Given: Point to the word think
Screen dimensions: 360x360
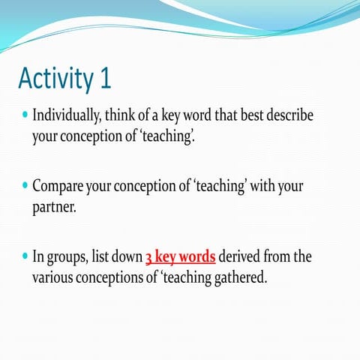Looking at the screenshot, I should (x=117, y=117).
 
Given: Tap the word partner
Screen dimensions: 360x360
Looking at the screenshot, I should (x=54, y=206).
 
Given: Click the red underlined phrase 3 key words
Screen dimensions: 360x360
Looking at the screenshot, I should (x=180, y=256).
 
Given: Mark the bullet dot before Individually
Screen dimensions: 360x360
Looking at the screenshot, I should (x=25, y=117).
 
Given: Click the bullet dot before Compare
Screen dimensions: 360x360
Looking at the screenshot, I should (x=25, y=185).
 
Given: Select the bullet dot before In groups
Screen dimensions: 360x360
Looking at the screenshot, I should (x=25, y=256).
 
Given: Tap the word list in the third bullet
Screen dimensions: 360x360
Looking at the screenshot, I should (x=100, y=256).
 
